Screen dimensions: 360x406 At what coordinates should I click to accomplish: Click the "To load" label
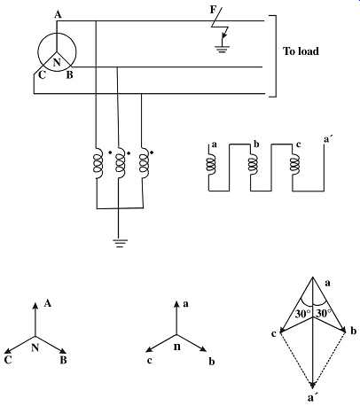tap(301, 51)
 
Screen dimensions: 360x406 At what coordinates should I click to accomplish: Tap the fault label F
tap(213, 10)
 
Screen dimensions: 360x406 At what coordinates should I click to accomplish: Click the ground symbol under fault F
tap(222, 49)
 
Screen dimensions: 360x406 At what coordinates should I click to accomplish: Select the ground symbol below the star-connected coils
tap(120, 243)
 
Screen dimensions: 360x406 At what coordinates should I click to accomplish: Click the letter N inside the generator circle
tap(57, 62)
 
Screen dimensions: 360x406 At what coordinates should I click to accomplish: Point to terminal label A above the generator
tap(58, 14)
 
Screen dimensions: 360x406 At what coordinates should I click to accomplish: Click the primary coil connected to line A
tap(98, 163)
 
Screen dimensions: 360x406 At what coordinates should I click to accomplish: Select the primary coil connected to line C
tap(144, 163)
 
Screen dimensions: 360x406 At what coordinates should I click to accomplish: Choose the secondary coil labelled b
tap(253, 164)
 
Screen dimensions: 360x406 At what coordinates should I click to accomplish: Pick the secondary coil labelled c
tap(294, 164)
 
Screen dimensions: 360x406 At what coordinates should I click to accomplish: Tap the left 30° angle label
tap(303, 314)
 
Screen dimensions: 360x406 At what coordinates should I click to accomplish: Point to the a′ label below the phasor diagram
tap(311, 398)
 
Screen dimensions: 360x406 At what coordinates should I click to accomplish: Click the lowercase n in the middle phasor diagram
tap(177, 347)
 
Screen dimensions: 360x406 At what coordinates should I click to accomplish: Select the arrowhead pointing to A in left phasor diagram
tap(35, 306)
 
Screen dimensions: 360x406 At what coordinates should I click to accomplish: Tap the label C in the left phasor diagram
tap(8, 360)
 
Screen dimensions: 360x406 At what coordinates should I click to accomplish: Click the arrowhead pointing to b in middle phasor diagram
tap(203, 349)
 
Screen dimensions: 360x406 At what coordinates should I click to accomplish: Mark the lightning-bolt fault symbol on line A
tap(220, 25)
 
